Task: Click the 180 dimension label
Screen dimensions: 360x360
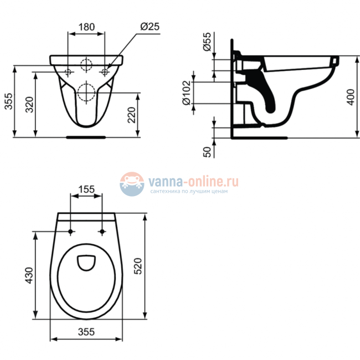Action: click(86, 27)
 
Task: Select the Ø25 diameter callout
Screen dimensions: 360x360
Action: click(150, 27)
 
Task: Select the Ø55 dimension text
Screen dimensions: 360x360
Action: click(207, 42)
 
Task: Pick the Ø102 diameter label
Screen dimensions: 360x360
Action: click(186, 92)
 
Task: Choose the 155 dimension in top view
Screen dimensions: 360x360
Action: click(86, 189)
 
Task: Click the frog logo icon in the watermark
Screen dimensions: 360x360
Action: click(132, 183)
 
